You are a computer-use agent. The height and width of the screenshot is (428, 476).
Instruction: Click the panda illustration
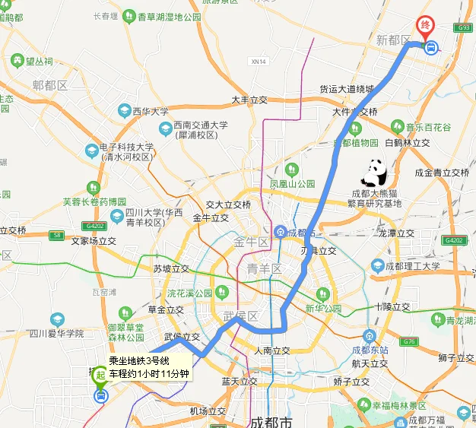click(x=373, y=173)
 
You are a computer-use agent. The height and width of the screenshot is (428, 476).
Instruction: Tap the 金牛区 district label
click(x=252, y=243)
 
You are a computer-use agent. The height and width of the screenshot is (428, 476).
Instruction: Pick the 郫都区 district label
click(x=50, y=86)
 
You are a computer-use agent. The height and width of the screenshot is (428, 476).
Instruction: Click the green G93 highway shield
click(x=463, y=27)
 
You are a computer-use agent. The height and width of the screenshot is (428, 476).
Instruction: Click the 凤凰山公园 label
click(x=293, y=184)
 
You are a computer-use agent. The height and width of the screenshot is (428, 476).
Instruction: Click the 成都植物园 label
click(x=354, y=142)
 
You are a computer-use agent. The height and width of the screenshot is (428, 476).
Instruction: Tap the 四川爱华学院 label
click(x=56, y=333)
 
